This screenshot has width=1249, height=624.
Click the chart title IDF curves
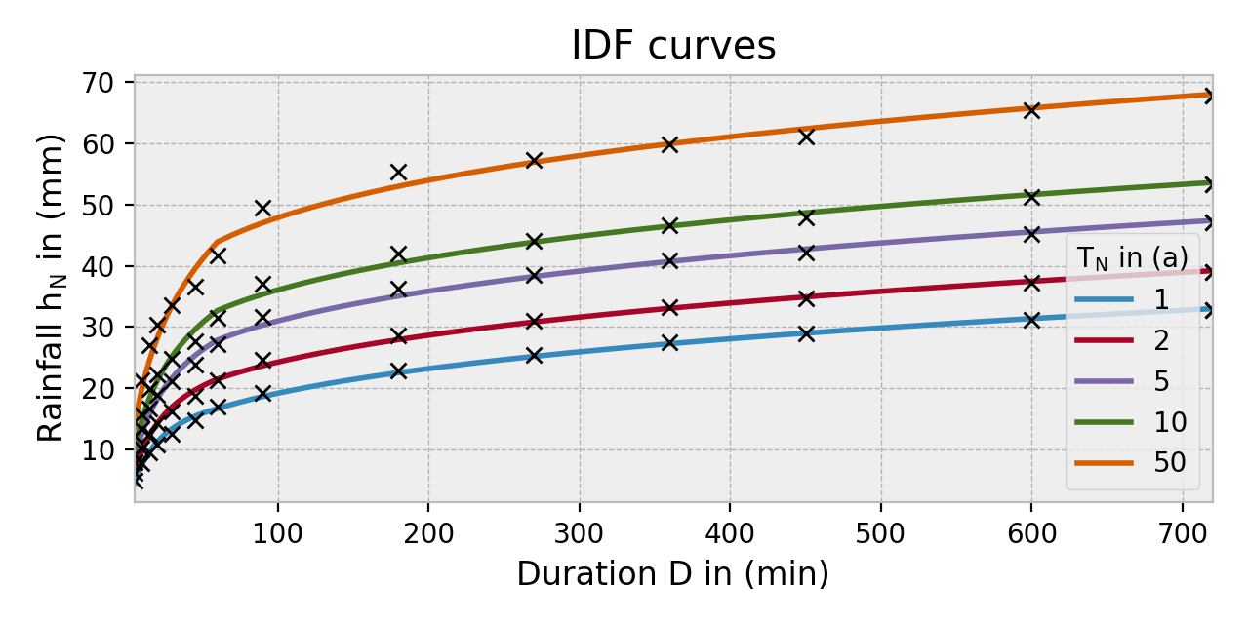tap(672, 46)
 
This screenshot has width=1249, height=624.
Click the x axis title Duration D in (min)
tap(672, 574)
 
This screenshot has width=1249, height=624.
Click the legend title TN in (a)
tap(1132, 258)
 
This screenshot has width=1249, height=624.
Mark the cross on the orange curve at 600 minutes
tap(1031, 110)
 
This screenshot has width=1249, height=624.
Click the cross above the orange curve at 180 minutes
tap(398, 173)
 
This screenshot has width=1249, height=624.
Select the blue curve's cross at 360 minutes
tap(669, 342)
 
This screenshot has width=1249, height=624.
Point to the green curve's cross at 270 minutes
tap(534, 241)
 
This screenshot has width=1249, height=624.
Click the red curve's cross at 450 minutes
tap(806, 298)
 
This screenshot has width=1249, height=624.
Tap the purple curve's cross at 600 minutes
tap(1031, 234)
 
